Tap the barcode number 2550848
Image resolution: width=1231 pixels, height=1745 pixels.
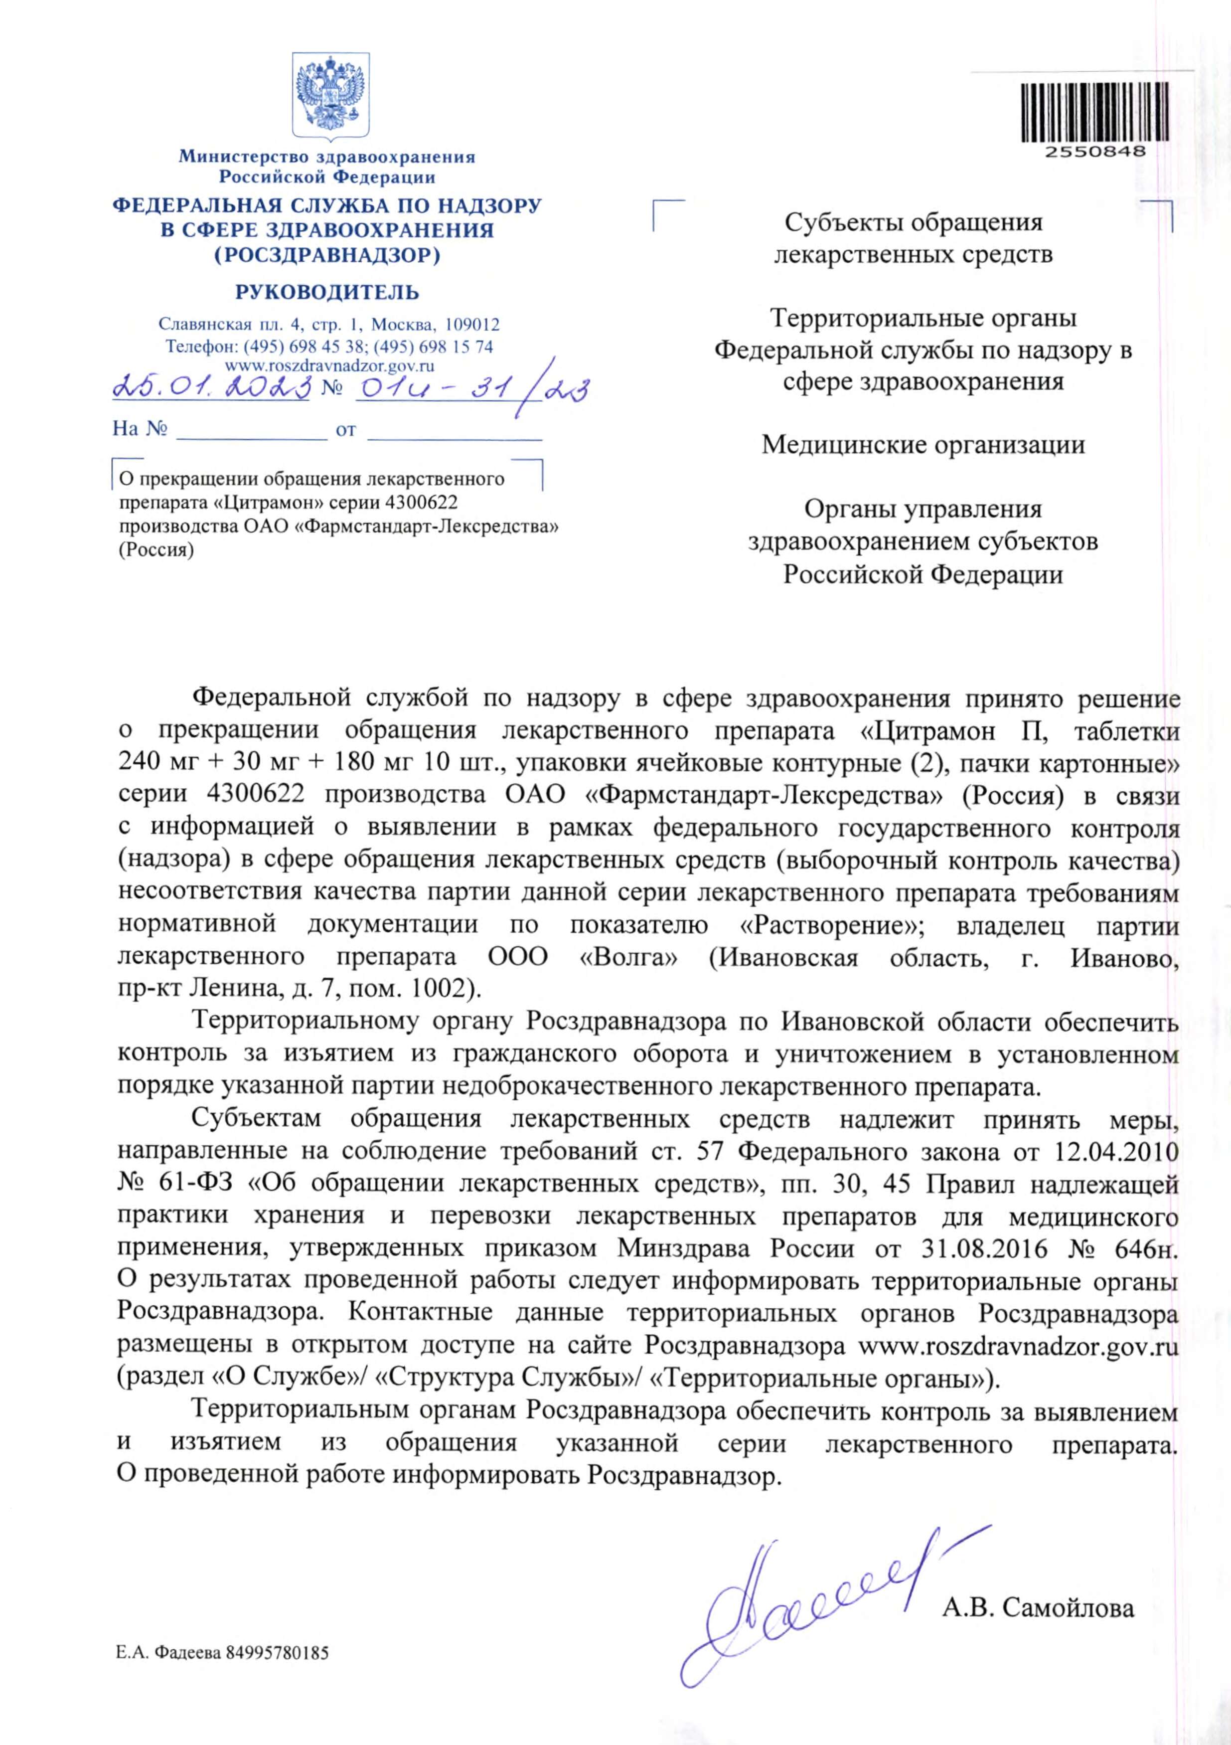pyautogui.click(x=1095, y=151)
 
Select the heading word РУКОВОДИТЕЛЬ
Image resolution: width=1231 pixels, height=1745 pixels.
pyautogui.click(x=327, y=293)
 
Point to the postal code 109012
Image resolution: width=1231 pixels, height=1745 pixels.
pyautogui.click(x=472, y=325)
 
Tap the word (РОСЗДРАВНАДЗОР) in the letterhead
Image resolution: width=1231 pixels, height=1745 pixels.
pyautogui.click(x=327, y=255)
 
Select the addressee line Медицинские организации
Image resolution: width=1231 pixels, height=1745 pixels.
pyautogui.click(x=923, y=445)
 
